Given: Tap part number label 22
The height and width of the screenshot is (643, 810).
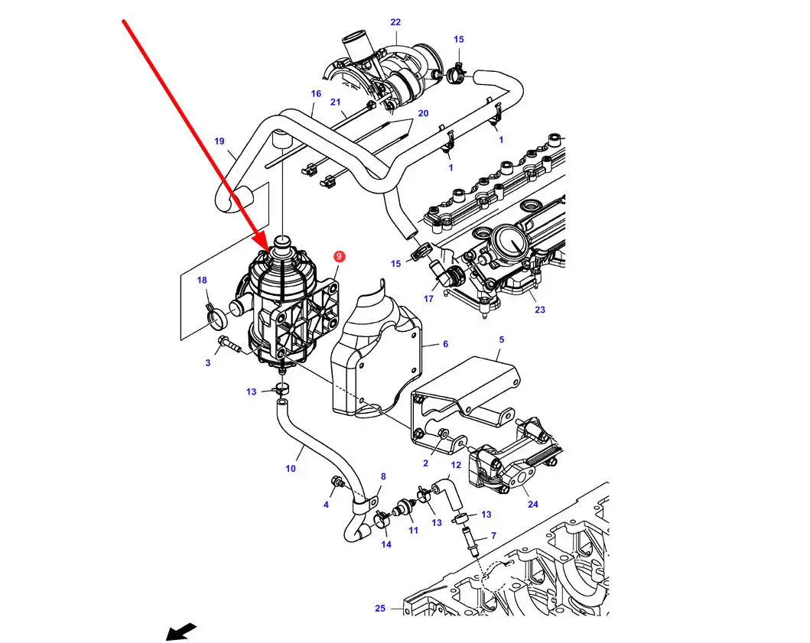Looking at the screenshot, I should tap(395, 22).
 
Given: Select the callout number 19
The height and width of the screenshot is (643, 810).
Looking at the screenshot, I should tap(220, 141).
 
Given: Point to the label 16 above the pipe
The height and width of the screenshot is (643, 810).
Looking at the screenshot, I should tap(316, 94).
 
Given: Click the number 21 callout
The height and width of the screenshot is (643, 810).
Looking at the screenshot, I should tap(335, 102).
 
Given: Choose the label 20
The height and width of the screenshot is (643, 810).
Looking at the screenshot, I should tap(423, 113).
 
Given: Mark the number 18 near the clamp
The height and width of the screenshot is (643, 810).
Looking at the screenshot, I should tap(202, 281).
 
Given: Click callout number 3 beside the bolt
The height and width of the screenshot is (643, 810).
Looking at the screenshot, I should tap(207, 362).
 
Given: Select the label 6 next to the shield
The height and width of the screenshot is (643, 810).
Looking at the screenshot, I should tap(445, 344).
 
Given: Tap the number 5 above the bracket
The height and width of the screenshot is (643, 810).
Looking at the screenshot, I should tap(502, 339).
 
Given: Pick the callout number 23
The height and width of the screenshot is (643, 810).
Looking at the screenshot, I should tap(540, 310).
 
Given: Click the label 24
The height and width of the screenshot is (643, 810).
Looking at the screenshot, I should tap(532, 504).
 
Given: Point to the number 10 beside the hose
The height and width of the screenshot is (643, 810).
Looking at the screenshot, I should tap(291, 468).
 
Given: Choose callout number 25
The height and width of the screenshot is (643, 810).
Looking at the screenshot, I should tap(380, 609).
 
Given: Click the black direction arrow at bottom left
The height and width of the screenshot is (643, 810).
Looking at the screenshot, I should tap(181, 632).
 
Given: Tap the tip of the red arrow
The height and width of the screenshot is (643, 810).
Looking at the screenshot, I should tap(268, 250).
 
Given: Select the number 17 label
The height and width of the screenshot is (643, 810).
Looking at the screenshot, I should tap(428, 298).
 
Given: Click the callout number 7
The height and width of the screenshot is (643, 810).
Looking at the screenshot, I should tap(493, 536).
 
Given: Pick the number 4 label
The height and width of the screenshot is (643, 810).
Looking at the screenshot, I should tap(326, 505).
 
